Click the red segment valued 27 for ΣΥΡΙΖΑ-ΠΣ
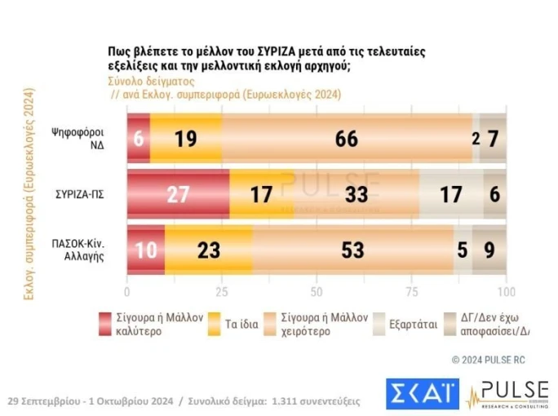pos(178,195)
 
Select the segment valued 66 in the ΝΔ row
pos(347,138)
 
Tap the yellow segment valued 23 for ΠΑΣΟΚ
pos(209,250)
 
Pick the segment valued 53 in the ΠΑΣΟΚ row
pos(352,250)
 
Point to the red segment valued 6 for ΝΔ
pos(139,138)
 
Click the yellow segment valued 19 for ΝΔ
pos(186,138)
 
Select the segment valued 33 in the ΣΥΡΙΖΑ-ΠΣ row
pos(357,195)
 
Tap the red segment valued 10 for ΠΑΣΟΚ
pos(146,250)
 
